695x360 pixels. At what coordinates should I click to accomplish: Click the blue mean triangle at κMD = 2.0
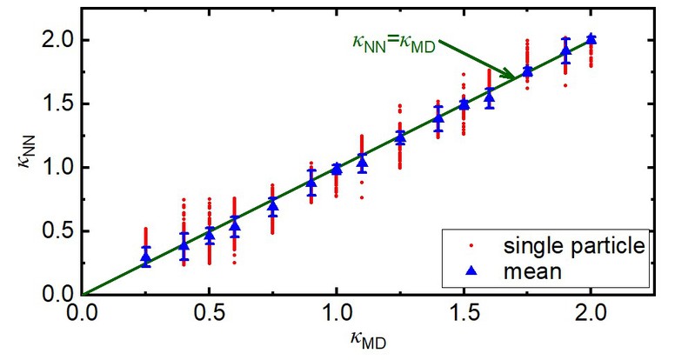pos(591,38)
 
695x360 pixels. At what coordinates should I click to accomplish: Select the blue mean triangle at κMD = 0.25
pos(145,258)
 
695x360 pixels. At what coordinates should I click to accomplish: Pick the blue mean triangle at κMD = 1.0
pos(337,169)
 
